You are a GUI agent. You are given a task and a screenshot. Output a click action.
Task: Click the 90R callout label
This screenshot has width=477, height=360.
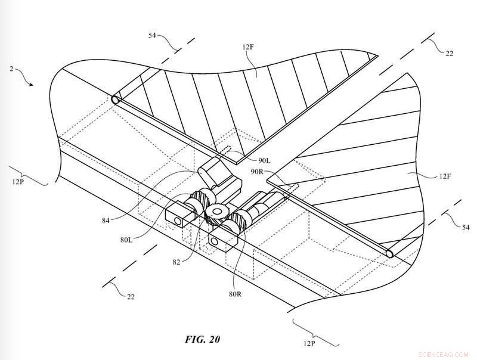coord(257,172)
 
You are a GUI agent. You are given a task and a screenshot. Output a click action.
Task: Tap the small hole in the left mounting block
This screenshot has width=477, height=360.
coord(177,221)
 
